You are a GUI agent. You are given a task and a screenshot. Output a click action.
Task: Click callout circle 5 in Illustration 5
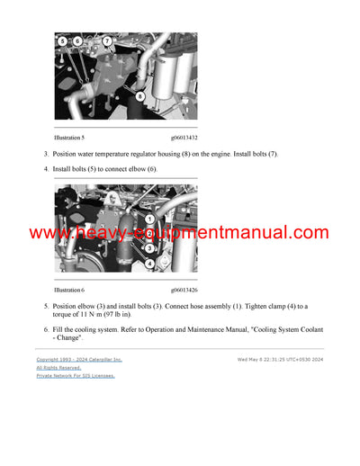(x=62, y=41)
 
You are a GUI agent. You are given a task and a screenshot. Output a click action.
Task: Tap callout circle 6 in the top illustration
(x=77, y=41)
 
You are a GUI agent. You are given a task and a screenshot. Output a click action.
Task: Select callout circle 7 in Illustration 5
(x=107, y=41)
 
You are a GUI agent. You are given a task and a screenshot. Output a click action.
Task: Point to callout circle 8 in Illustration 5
(x=139, y=95)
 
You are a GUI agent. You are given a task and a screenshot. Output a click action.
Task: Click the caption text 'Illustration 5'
(x=69, y=138)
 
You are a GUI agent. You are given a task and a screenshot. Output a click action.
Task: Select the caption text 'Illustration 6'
(x=69, y=291)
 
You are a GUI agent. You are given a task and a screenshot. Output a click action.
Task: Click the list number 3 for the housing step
(x=46, y=154)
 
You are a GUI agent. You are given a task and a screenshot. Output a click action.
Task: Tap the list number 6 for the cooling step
(x=46, y=330)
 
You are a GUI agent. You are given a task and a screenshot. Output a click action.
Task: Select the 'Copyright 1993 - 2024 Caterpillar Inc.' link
(x=79, y=359)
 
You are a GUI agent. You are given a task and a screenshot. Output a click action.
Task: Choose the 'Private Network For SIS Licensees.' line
(x=76, y=375)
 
